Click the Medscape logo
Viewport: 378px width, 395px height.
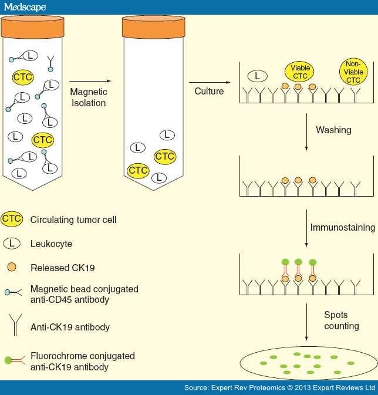click(x=25, y=7)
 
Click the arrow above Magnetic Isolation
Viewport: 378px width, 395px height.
click(x=87, y=82)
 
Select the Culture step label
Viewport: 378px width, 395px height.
click(x=209, y=92)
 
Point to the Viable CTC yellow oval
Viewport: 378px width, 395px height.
click(x=298, y=72)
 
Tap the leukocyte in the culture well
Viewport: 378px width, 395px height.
click(x=257, y=76)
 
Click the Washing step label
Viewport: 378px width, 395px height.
click(x=333, y=130)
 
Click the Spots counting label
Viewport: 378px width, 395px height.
click(x=342, y=320)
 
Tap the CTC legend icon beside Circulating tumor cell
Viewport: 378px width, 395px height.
click(x=12, y=220)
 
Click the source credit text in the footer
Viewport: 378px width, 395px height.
click(x=279, y=387)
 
